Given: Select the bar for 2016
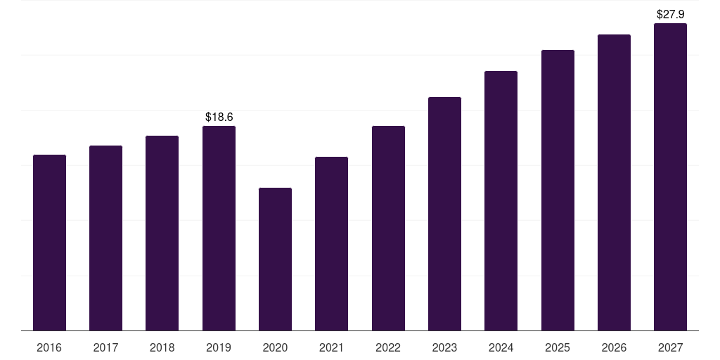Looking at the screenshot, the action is click(x=50, y=243).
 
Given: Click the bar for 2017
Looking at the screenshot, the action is click(x=105, y=238).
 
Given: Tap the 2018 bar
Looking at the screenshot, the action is click(x=162, y=233).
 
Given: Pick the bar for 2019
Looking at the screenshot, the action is click(x=219, y=229).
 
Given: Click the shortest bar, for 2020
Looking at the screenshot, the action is click(x=275, y=259).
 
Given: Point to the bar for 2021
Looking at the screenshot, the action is click(x=332, y=244).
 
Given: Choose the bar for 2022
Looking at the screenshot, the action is click(x=388, y=229).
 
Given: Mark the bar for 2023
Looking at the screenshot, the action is click(x=444, y=214).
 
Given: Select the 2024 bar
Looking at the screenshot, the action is click(x=501, y=200).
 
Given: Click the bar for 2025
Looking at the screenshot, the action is click(x=558, y=190).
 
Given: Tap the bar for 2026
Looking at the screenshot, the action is click(x=614, y=182).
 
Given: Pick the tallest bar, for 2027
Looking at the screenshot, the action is click(x=670, y=176).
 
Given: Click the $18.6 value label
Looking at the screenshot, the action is click(x=219, y=117).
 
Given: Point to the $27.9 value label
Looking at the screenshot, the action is click(x=670, y=14).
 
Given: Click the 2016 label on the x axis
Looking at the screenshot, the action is click(x=49, y=347).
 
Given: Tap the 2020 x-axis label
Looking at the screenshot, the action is click(x=275, y=347).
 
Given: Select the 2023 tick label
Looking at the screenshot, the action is click(x=444, y=347).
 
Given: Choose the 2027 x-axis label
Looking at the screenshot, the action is click(x=670, y=347).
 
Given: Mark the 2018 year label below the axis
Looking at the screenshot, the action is click(x=162, y=347).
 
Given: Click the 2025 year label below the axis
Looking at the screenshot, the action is click(x=558, y=347).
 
